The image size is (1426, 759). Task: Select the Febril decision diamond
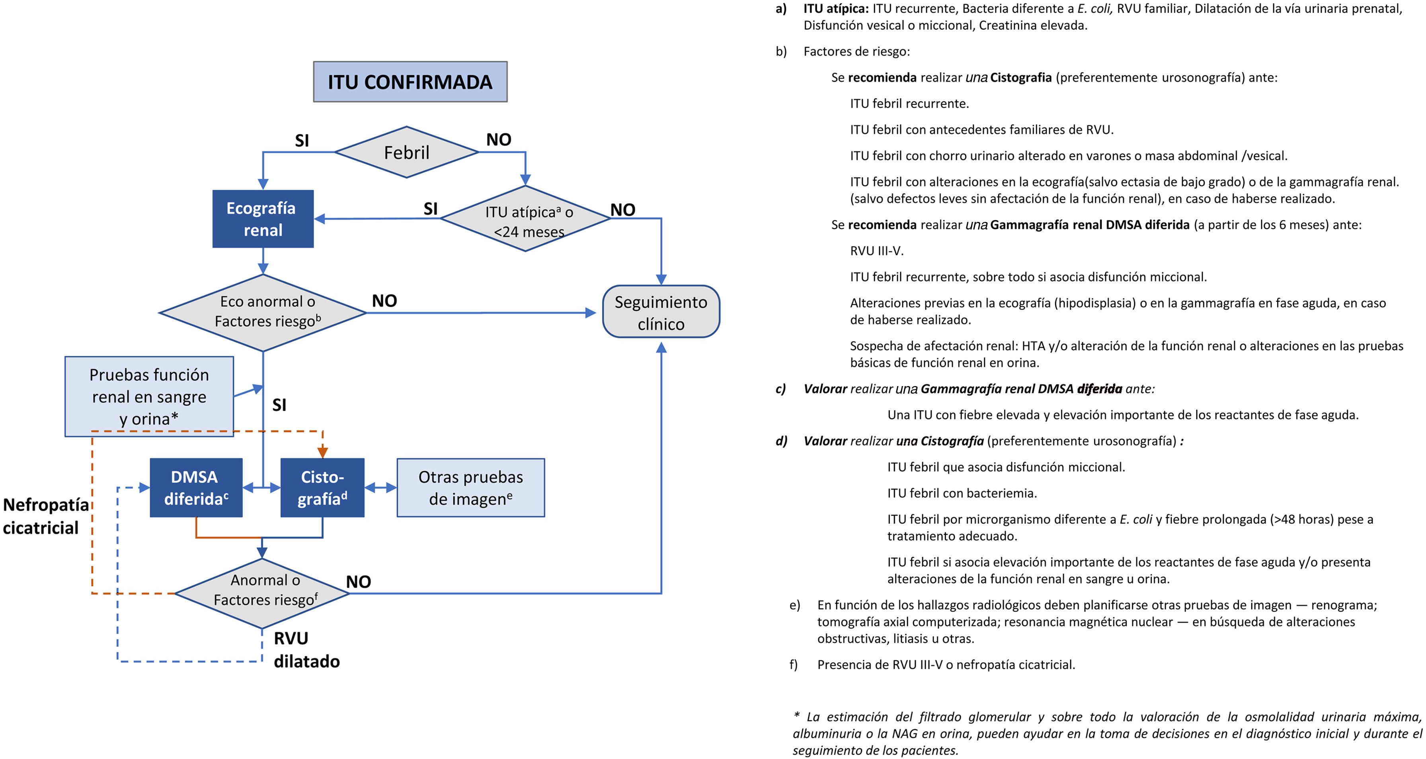pyautogui.click(x=406, y=152)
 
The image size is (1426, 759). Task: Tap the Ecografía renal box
pyautogui.click(x=263, y=219)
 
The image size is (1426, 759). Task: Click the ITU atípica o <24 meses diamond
pyautogui.click(x=525, y=220)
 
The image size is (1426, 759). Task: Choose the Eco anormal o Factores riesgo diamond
pyautogui.click(x=263, y=312)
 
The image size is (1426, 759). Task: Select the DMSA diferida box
pyautogui.click(x=196, y=488)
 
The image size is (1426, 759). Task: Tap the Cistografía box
pyautogui.click(x=322, y=488)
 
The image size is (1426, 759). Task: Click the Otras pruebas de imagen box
pyautogui.click(x=470, y=488)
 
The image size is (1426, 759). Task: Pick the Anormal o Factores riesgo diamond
pyautogui.click(x=262, y=593)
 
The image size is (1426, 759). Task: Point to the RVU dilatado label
pyautogui.click(x=306, y=650)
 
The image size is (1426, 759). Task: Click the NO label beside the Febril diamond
pyautogui.click(x=498, y=139)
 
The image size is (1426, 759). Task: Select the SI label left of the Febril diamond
pyautogui.click(x=302, y=141)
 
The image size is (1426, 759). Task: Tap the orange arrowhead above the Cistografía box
pyautogui.click(x=322, y=451)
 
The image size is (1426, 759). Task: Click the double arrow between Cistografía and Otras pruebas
pyautogui.click(x=380, y=488)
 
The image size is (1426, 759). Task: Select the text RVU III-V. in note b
pyautogui.click(x=876, y=251)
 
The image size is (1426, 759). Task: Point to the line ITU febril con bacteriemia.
pyautogui.click(x=962, y=493)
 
